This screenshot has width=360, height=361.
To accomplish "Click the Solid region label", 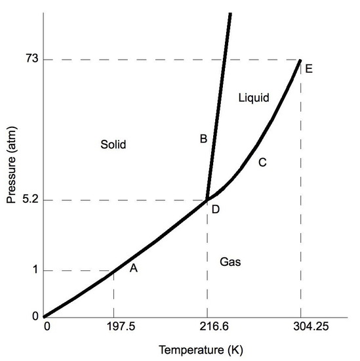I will point(113,144).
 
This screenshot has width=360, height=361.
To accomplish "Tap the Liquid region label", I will point(253,98).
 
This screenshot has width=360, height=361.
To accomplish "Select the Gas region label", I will point(230,262).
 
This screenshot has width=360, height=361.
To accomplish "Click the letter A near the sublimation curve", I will point(133,268).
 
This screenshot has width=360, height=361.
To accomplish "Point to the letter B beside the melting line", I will point(203,138).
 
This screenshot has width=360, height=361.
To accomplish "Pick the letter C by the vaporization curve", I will point(262,162).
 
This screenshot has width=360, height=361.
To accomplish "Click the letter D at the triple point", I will point(216,209).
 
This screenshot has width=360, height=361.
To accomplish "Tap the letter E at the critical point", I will point(309,68).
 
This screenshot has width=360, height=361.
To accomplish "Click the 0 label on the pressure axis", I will point(35,316).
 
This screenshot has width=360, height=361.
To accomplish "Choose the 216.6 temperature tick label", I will point(207,326).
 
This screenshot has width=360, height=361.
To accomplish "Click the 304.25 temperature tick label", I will point(301,326).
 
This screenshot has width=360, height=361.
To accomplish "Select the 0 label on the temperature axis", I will point(47,326).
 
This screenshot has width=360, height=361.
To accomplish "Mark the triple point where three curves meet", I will point(207,200).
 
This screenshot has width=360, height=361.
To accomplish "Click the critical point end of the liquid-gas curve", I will point(300,60).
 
